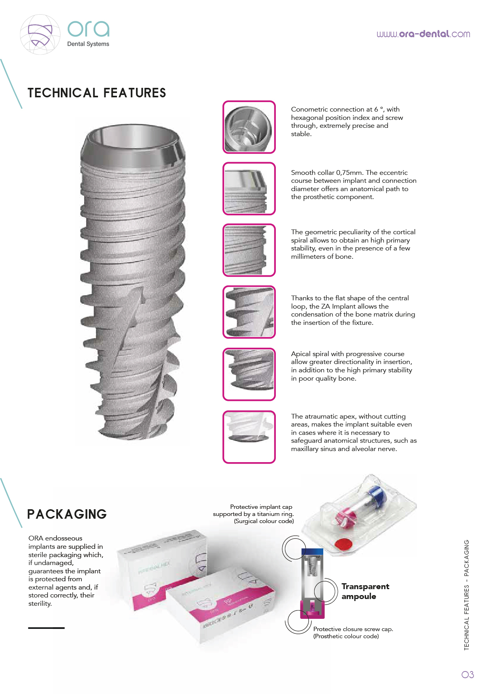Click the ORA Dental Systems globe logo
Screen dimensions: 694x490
40,34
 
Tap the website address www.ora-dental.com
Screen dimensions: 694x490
423,34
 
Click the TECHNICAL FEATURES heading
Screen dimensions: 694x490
97,93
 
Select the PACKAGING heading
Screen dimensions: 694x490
67,514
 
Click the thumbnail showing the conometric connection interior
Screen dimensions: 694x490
249,127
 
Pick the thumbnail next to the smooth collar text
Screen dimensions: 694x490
249,189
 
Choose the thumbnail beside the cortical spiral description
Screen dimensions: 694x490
249,250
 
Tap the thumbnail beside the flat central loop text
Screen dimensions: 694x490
249,312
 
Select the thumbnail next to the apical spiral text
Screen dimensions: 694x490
249,374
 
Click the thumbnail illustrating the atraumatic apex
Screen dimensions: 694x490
249,437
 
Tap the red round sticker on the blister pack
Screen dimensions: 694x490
343,544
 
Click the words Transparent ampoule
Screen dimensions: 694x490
365,591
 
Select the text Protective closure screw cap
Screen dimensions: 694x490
353,629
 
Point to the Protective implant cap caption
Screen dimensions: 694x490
261,507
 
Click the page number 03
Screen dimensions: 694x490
467,675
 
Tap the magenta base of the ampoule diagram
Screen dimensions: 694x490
312,609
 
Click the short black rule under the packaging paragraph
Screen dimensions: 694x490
46,628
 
